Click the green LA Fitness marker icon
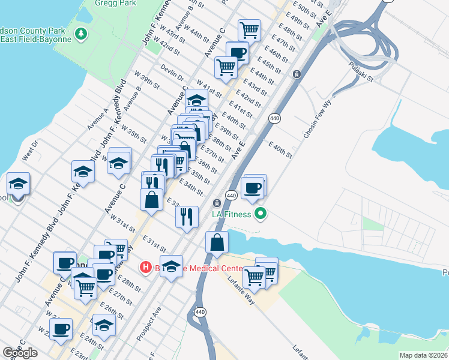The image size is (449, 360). [261, 213]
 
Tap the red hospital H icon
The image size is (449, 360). [145, 267]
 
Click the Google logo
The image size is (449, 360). [20, 353]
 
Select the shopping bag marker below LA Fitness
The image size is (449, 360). [217, 243]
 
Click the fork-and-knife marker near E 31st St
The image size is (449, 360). [187, 217]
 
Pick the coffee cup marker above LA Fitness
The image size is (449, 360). [252, 188]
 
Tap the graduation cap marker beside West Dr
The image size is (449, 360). [18, 184]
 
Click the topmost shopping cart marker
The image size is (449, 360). [249, 29]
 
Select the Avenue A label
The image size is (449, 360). [97, 119]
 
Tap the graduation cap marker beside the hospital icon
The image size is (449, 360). [171, 267]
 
